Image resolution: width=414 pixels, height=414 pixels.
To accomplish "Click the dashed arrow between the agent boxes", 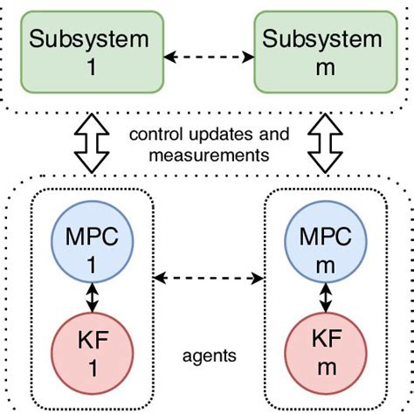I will coord(208,279).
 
